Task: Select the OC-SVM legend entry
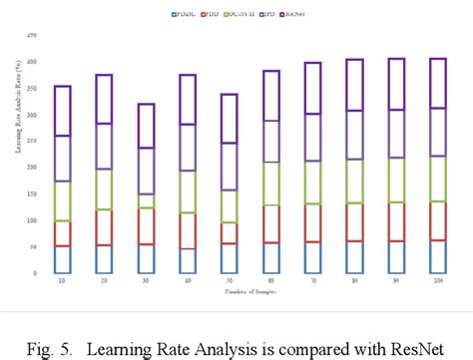[x=240, y=15]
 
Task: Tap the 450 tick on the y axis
[x=31, y=35]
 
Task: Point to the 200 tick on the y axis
[x=31, y=168]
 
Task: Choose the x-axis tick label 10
[x=62, y=282]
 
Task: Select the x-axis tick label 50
[x=230, y=282]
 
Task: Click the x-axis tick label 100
[x=437, y=282]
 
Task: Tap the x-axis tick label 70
[x=312, y=282]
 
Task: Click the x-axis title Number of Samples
[x=249, y=292]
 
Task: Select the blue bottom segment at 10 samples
[x=62, y=259]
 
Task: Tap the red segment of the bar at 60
[x=270, y=224]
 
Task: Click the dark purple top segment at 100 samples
[x=437, y=83]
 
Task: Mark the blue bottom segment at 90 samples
[x=395, y=257]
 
